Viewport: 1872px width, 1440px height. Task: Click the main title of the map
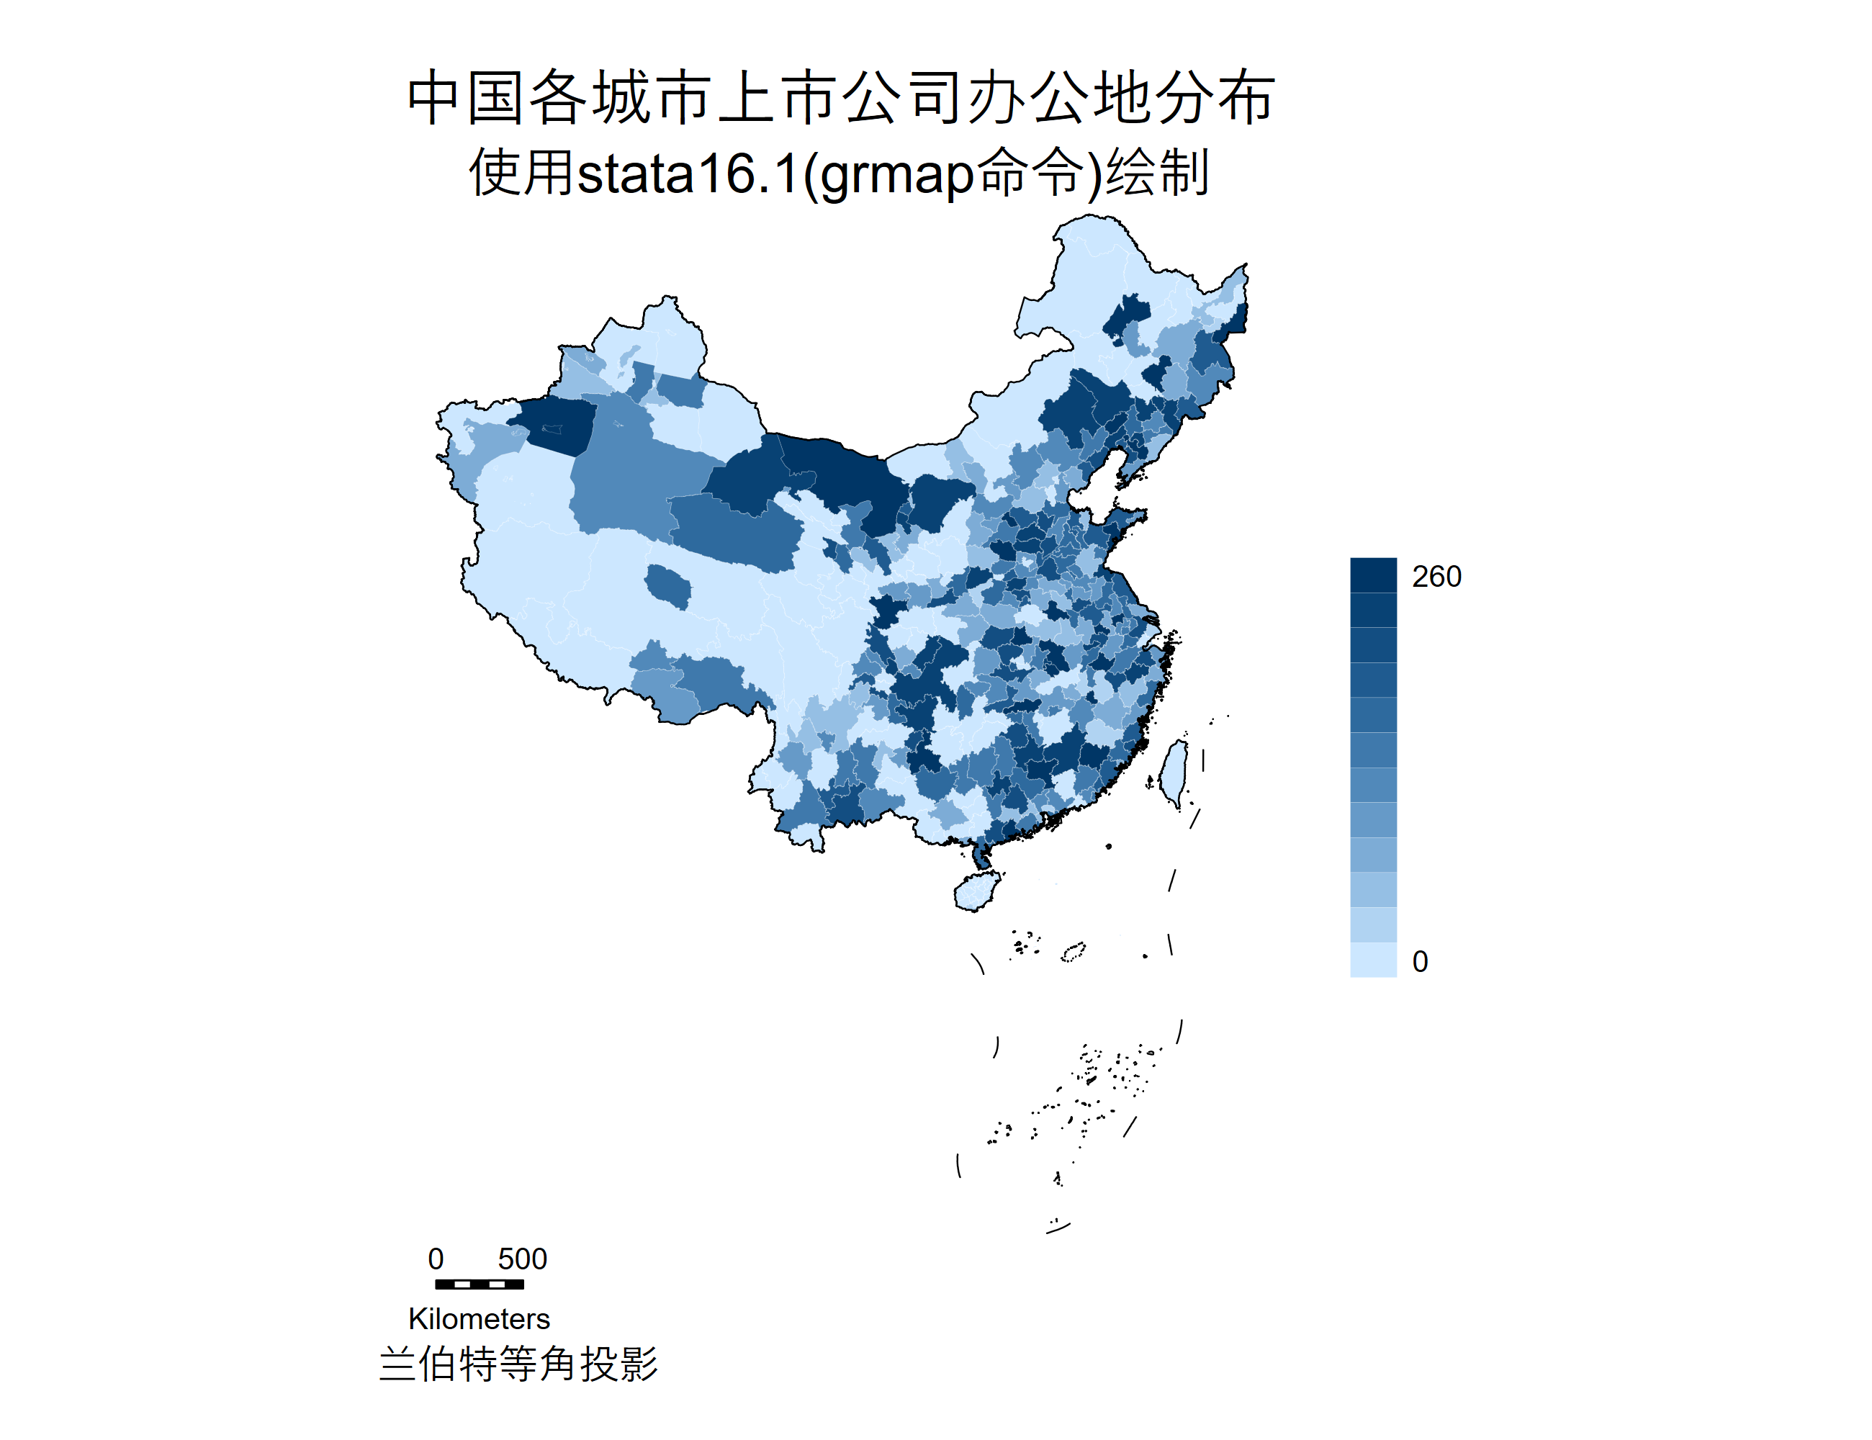[x=841, y=98]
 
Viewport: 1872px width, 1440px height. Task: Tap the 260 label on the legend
[x=1436, y=577]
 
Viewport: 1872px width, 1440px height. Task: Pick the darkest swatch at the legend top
[x=1373, y=575]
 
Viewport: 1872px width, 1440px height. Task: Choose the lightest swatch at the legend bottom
[x=1373, y=960]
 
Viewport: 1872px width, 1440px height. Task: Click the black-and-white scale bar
[x=479, y=1284]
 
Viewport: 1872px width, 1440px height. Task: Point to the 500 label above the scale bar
[x=522, y=1259]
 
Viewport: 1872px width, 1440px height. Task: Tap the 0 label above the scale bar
[x=436, y=1259]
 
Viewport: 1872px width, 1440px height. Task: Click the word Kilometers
[x=479, y=1318]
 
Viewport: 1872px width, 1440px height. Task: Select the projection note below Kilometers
[x=518, y=1364]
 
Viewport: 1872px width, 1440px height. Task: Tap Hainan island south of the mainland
[x=976, y=891]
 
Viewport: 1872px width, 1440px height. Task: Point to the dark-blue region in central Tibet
[x=667, y=587]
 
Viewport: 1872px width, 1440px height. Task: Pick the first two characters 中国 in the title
[x=467, y=98]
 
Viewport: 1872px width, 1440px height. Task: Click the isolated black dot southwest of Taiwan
[x=1109, y=846]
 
